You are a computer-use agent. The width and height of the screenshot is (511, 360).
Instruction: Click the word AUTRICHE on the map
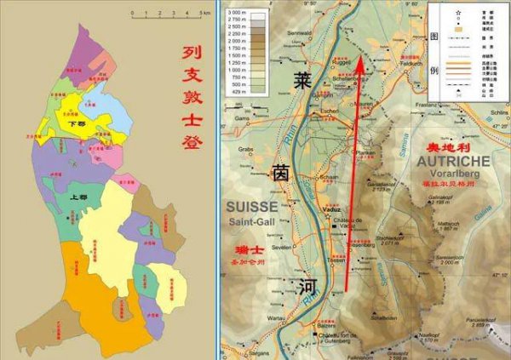453,160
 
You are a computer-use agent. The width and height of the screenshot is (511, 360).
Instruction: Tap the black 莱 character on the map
301,81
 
